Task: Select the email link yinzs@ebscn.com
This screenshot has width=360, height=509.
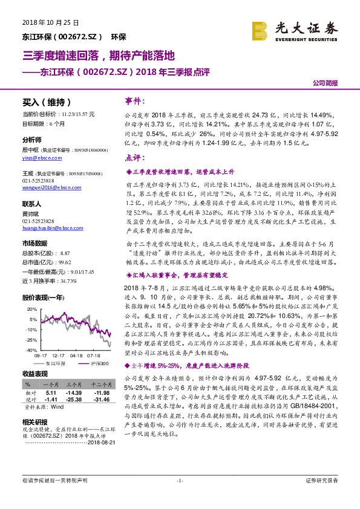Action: coord(39,156)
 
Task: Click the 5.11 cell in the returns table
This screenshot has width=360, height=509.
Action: coord(51,392)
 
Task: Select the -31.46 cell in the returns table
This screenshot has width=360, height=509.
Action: coord(99,398)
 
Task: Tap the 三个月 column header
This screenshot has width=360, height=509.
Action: coord(74,384)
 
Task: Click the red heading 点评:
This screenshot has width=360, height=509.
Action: coord(134,158)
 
